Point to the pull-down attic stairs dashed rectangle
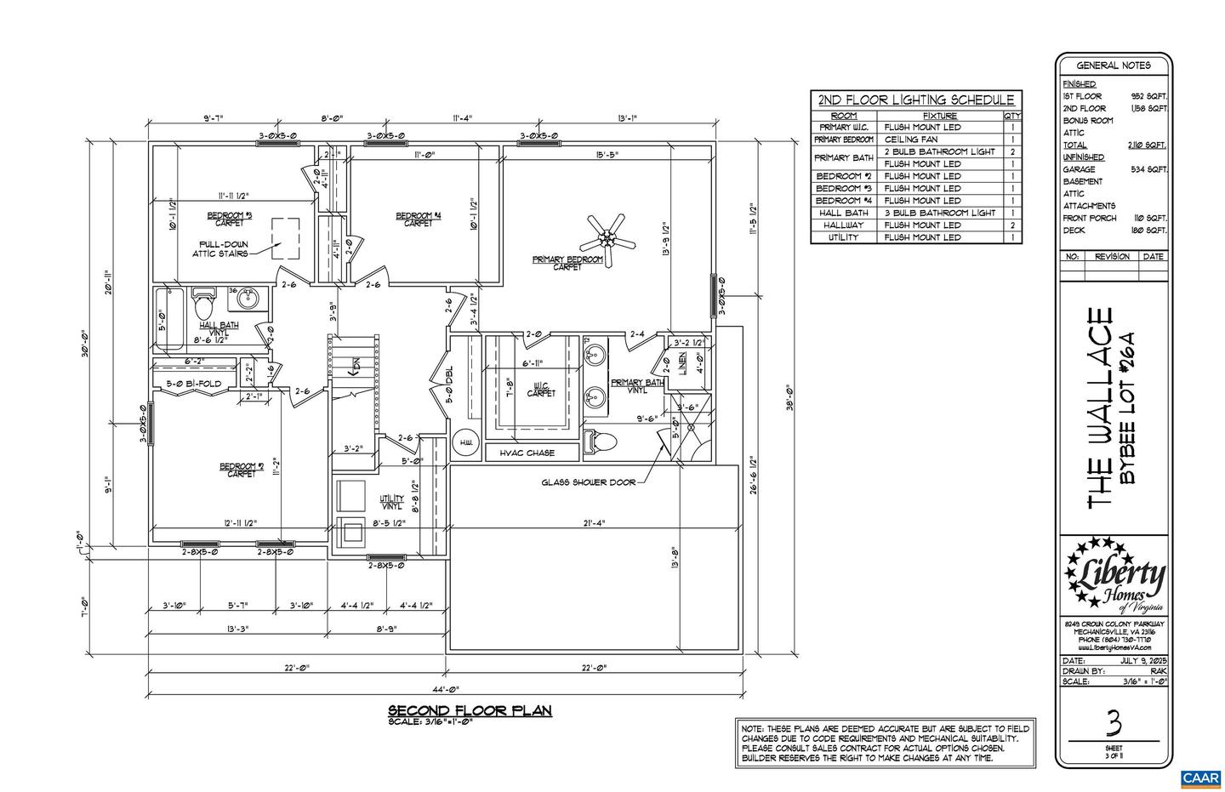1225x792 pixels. click(286, 239)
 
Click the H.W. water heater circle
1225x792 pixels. click(466, 442)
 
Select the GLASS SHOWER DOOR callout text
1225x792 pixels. click(588, 482)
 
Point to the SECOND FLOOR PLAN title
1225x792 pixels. click(470, 710)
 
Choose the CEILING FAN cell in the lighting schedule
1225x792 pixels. click(911, 140)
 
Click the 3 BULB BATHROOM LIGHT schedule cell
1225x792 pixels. click(939, 213)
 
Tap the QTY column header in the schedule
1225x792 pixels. click(1011, 116)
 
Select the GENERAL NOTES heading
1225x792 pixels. click(1114, 66)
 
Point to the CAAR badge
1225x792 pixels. click(1199, 778)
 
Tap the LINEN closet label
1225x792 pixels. click(682, 362)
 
